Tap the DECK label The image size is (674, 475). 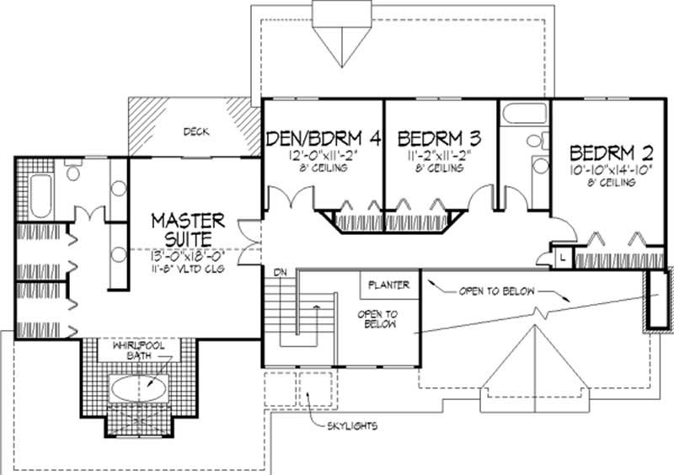pyautogui.click(x=195, y=132)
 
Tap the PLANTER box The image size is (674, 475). pyautogui.click(x=388, y=285)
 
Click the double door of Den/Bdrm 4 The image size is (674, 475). pyautogui.click(x=289, y=200)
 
